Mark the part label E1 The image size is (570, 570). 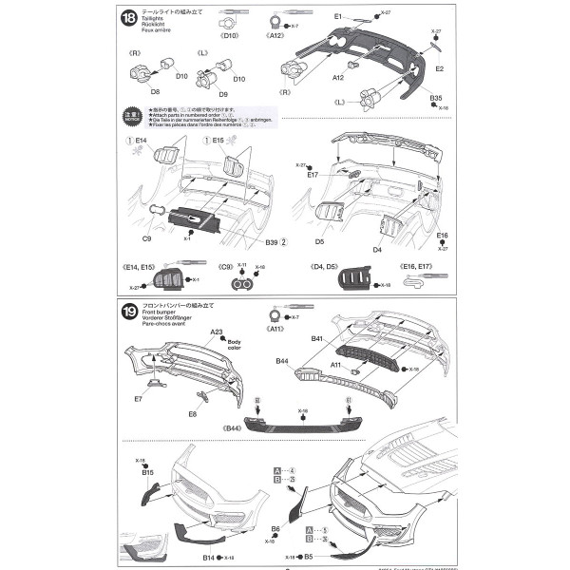pos(338,17)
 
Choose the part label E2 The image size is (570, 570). pos(440,69)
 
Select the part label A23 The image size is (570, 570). pos(218,332)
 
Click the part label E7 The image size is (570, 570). pos(139,400)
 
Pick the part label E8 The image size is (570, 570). pos(193,414)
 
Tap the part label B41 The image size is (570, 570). pos(316,338)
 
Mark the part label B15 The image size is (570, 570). pos(148,471)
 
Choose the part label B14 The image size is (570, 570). pos(210,559)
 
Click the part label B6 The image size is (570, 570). pos(275,528)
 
